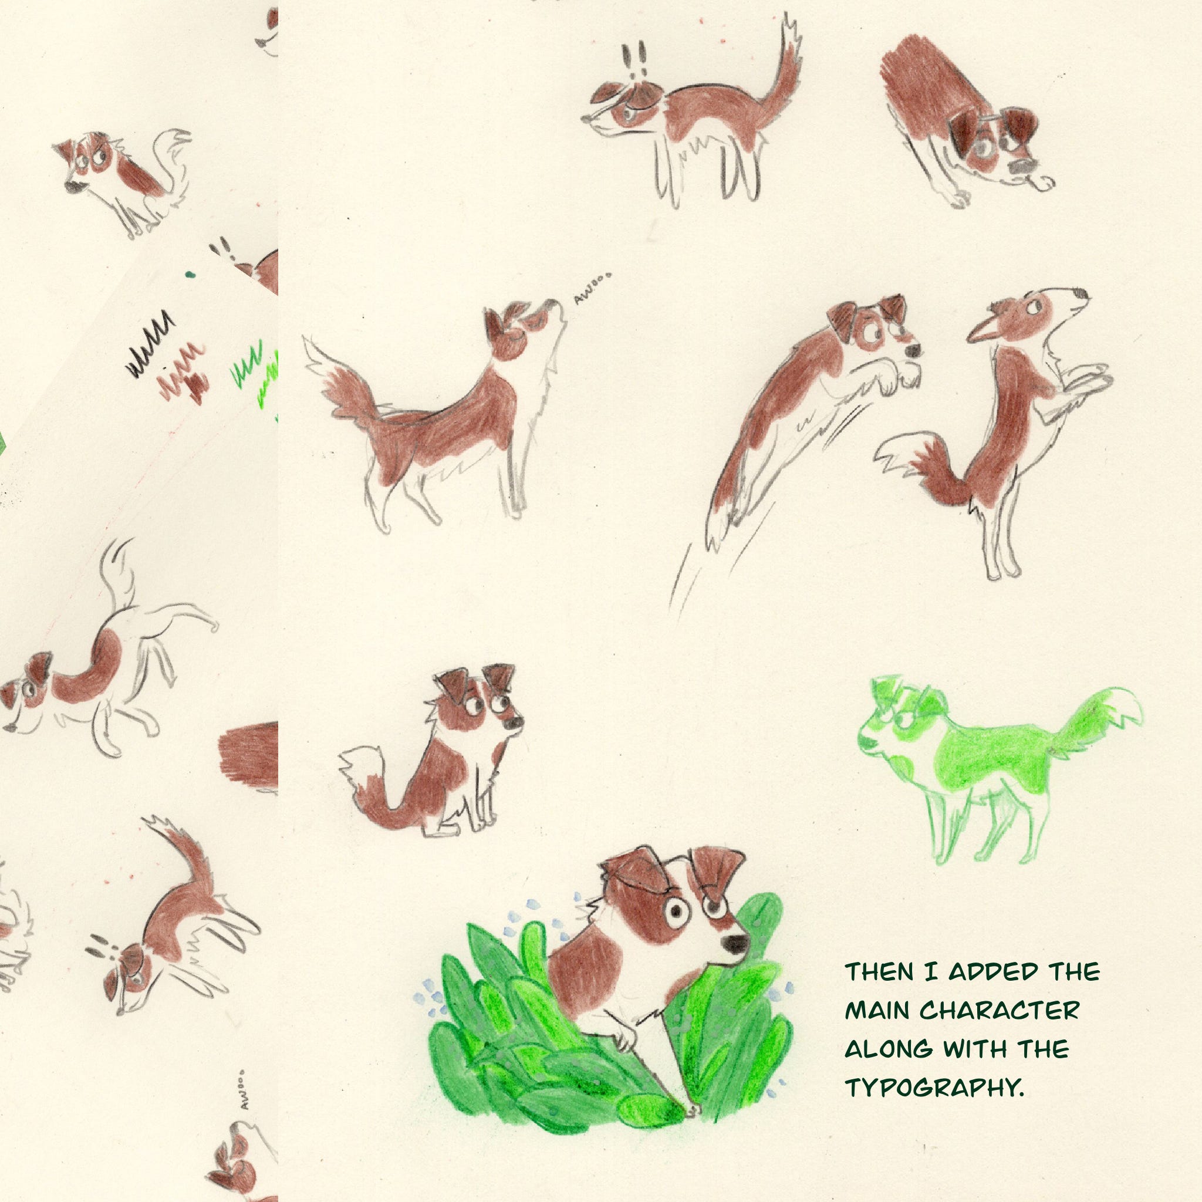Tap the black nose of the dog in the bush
pos(737,944)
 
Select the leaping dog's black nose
pos(913,351)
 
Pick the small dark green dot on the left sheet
pos(190,274)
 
